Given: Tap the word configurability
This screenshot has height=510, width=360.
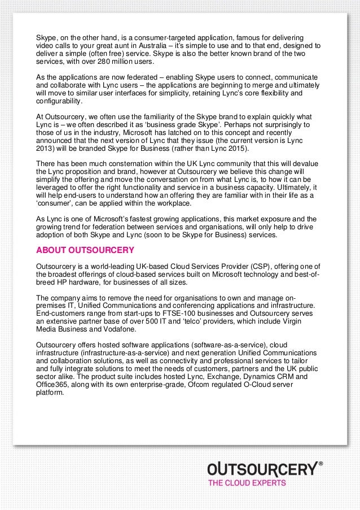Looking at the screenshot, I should (x=59, y=102).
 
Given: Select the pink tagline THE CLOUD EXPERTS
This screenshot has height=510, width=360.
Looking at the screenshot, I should (x=247, y=483).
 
